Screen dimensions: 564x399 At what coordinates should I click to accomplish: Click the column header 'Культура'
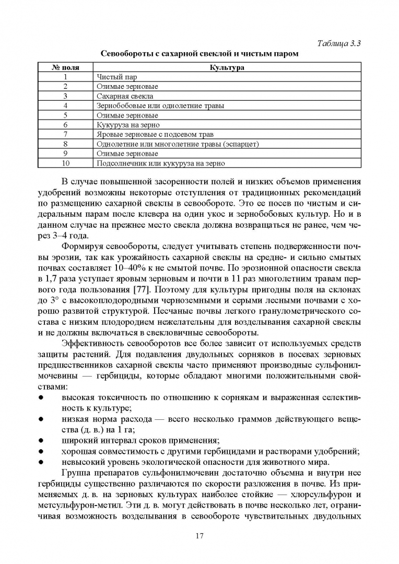tap(227, 67)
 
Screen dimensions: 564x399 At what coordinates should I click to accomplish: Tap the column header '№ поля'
tap(66, 67)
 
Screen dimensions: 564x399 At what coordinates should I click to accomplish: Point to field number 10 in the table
tap(66, 163)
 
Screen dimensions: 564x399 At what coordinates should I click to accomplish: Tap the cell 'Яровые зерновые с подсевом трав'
tap(155, 134)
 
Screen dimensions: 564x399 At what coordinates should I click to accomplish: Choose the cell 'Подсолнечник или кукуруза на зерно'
tap(161, 163)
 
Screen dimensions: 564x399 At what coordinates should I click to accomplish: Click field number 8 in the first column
tap(66, 144)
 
